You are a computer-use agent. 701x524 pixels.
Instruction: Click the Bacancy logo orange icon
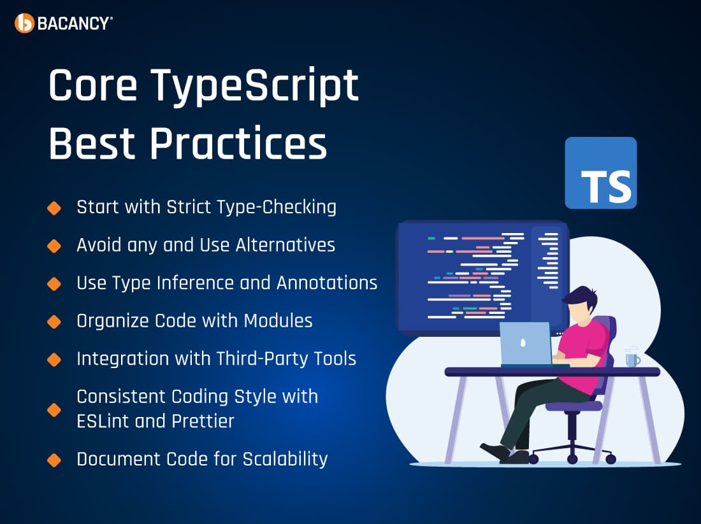tap(24, 23)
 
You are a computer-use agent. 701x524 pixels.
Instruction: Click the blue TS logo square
tap(600, 173)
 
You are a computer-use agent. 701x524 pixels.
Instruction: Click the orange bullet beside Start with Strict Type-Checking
tap(54, 208)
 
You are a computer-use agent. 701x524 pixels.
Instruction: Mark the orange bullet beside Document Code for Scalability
tap(54, 460)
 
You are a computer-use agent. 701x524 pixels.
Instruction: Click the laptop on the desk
tap(526, 344)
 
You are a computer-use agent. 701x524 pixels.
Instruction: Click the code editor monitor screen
tap(472, 274)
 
